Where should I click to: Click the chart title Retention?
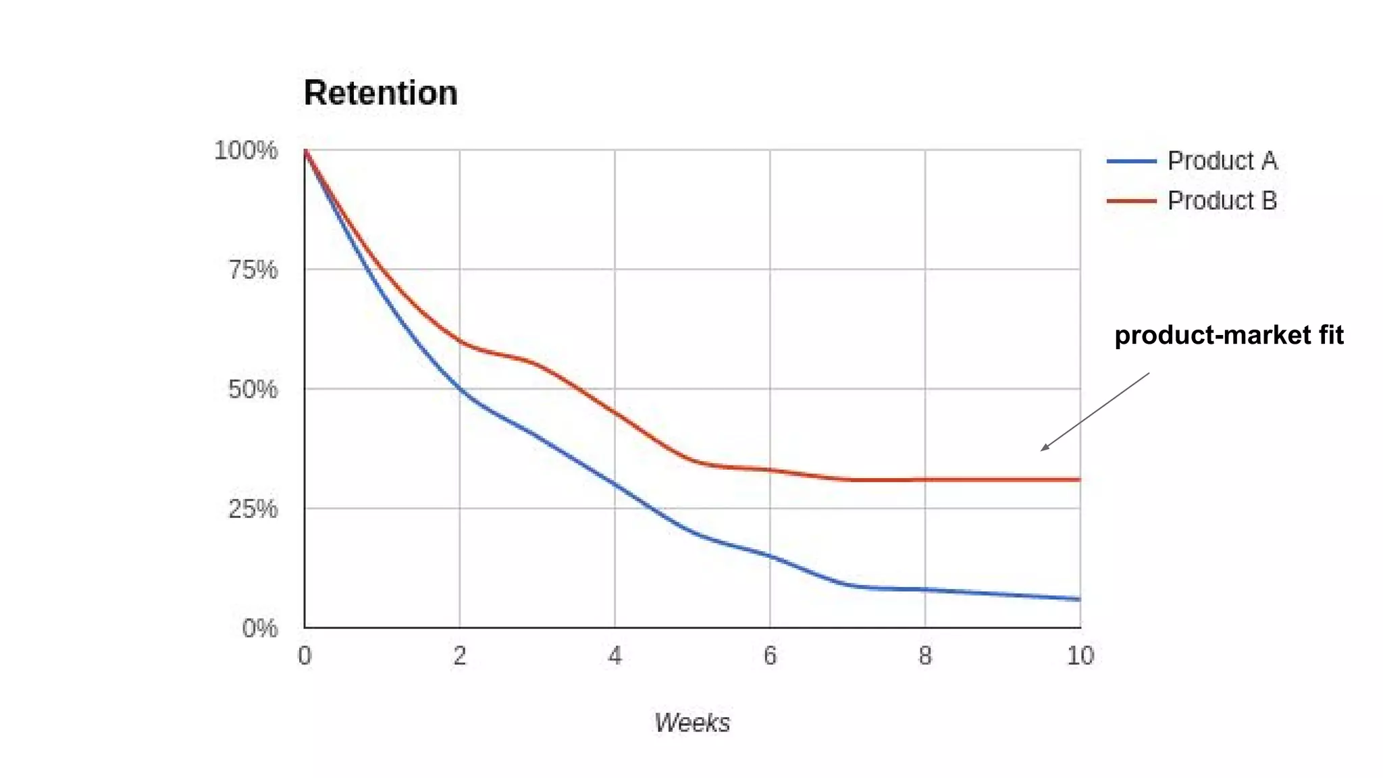(380, 93)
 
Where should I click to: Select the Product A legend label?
(1222, 161)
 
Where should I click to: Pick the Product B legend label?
(1222, 201)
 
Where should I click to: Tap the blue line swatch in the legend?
(1132, 161)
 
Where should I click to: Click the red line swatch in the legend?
(1132, 201)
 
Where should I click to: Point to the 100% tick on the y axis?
(246, 150)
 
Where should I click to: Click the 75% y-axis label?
(253, 270)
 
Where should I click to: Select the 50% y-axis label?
(253, 389)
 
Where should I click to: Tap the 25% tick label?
(253, 509)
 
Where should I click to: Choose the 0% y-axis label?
(259, 628)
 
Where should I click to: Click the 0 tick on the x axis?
(305, 656)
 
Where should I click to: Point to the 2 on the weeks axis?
(460, 656)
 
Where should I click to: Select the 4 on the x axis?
(615, 656)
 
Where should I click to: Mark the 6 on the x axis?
(770, 656)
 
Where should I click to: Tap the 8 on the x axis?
(925, 656)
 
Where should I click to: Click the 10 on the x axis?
(1080, 656)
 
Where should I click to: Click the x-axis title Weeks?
(692, 723)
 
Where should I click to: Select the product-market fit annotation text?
(1229, 335)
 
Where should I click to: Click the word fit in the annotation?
(1329, 335)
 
